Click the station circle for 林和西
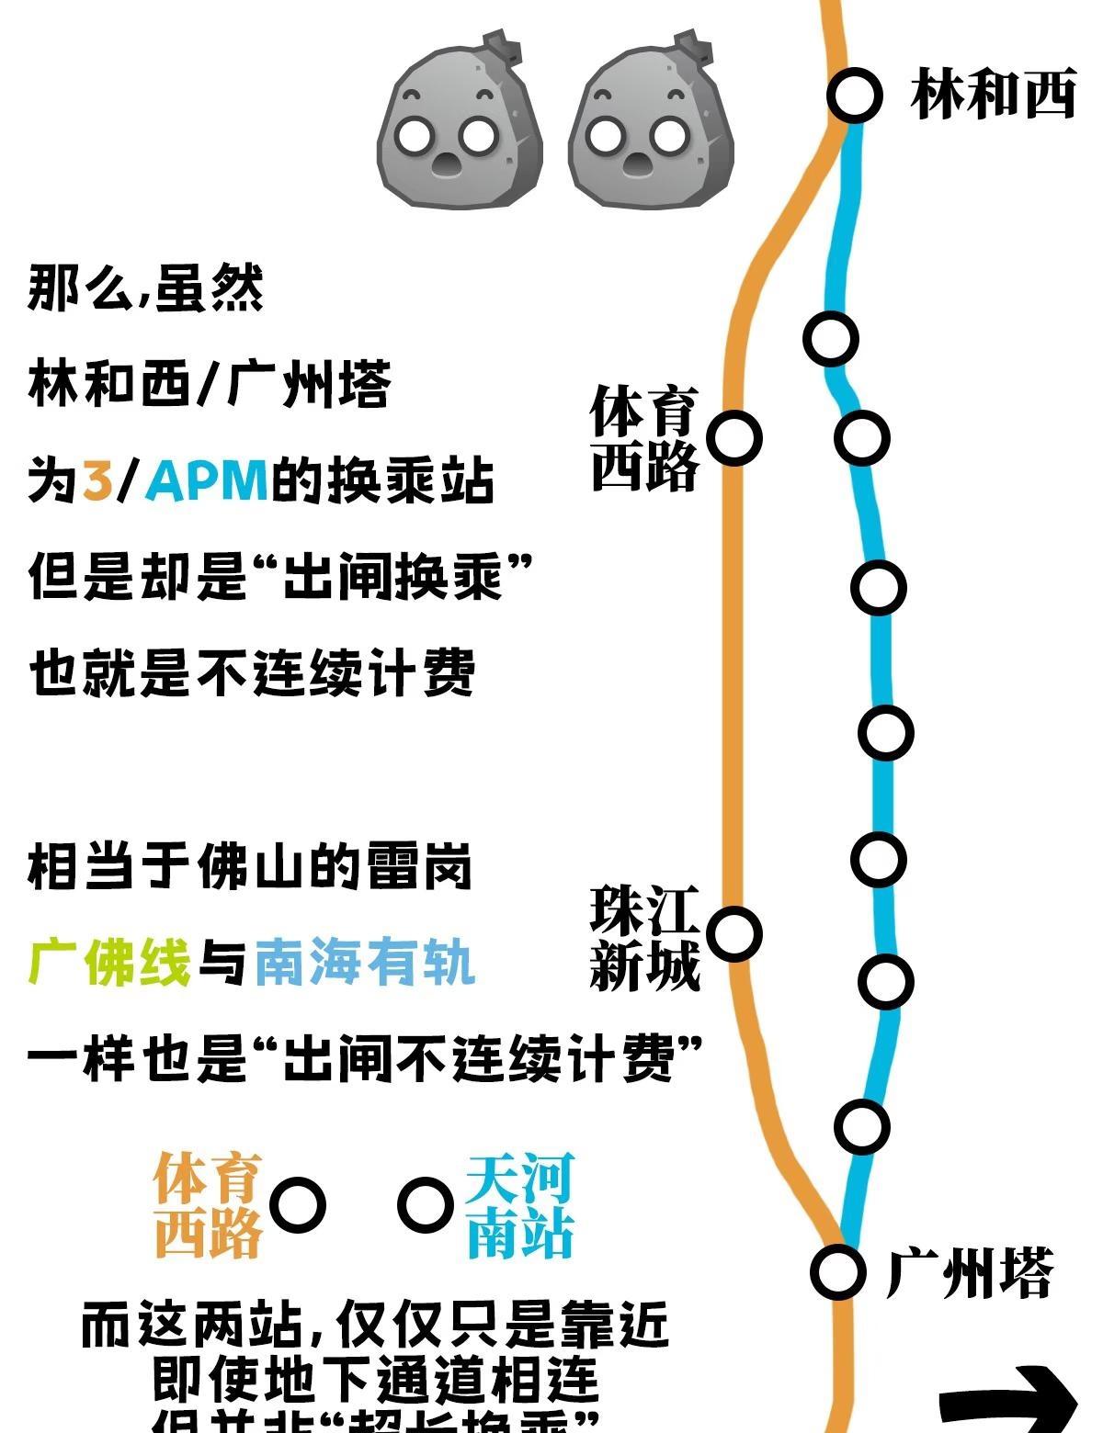tap(854, 95)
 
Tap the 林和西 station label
tap(993, 95)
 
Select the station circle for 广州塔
tap(838, 1271)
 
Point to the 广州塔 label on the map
tap(970, 1272)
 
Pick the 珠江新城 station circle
tap(734, 934)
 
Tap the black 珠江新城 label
tap(645, 938)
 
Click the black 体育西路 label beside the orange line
tap(645, 438)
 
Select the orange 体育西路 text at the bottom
tap(209, 1205)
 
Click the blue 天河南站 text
tap(520, 1205)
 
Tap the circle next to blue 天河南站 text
tap(426, 1205)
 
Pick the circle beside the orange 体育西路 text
tap(298, 1205)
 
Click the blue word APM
tap(208, 480)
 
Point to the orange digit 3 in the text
tap(97, 480)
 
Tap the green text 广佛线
tap(109, 962)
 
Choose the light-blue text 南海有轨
tap(365, 962)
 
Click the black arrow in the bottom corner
tap(1011, 1401)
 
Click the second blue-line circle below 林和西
tap(861, 436)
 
